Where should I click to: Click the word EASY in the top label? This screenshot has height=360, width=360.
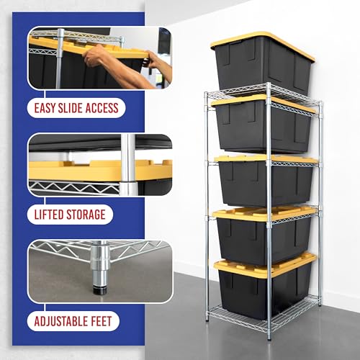pyautogui.click(x=44, y=108)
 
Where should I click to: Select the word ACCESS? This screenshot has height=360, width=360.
pyautogui.click(x=102, y=108)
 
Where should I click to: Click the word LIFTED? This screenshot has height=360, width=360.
pyautogui.click(x=49, y=215)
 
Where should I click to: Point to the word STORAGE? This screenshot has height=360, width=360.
pyautogui.click(x=86, y=215)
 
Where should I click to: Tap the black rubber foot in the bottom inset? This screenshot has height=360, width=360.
pyautogui.click(x=99, y=290)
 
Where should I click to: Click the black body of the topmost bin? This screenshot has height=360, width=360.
pyautogui.click(x=261, y=70)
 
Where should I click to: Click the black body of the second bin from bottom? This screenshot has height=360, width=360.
pyautogui.click(x=264, y=240)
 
